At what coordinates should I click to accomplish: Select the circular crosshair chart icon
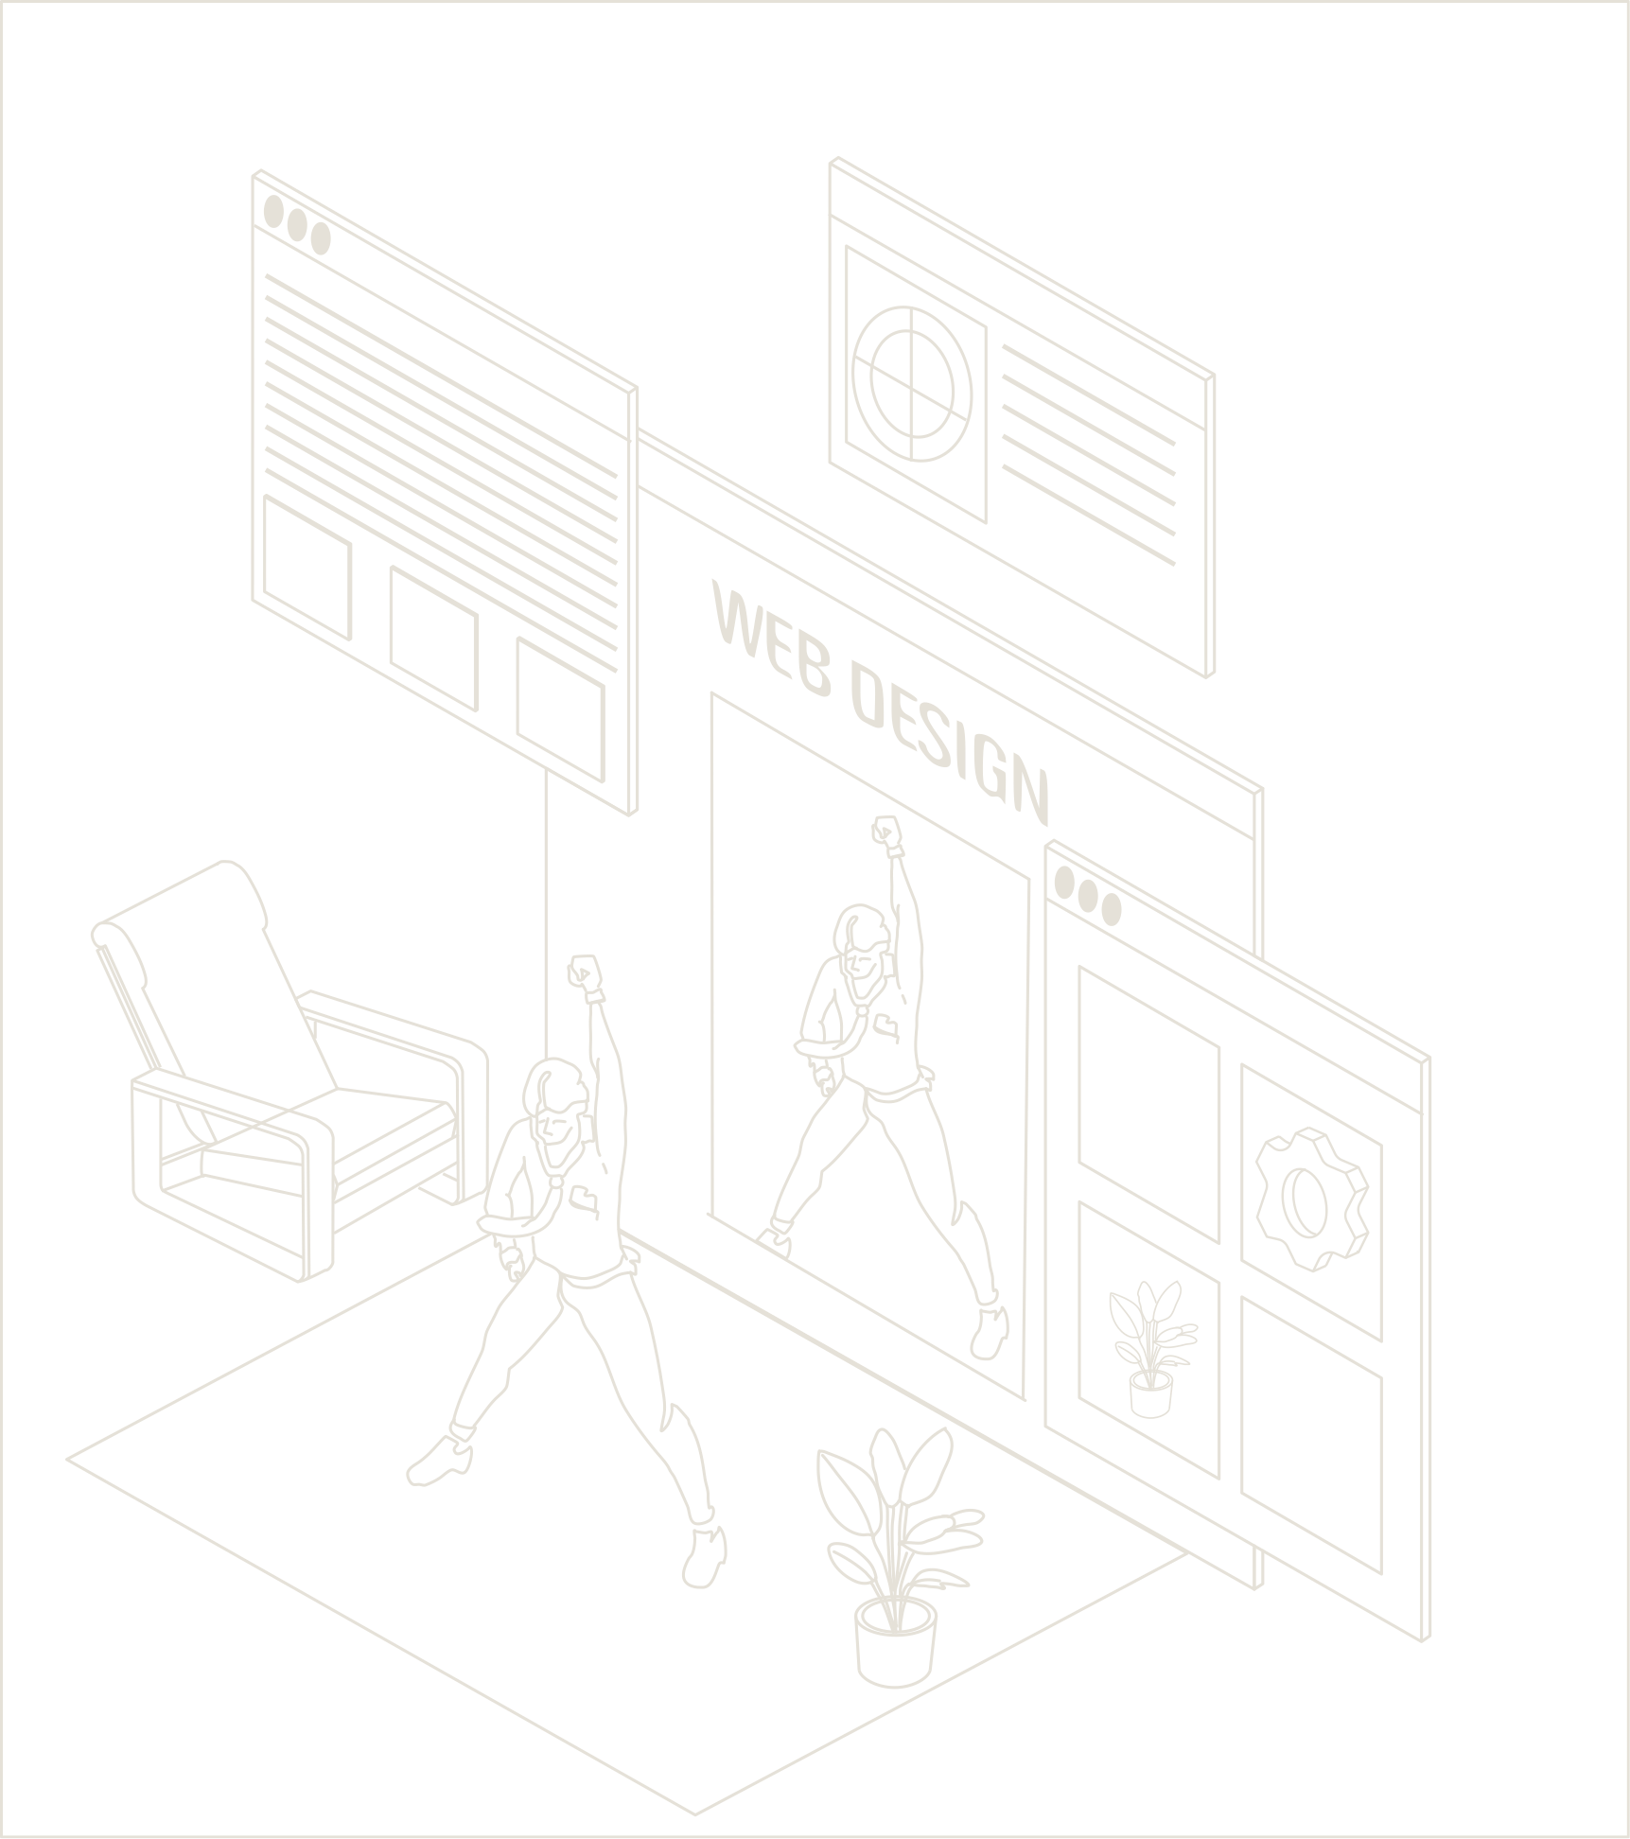911,383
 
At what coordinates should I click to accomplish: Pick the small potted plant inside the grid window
1150,1347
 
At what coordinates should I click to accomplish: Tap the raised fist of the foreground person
584,971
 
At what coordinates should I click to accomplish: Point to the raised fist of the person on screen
886,830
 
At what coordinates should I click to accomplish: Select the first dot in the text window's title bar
274,212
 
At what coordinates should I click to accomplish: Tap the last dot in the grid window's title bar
1111,911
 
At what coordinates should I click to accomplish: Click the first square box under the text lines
307,566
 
